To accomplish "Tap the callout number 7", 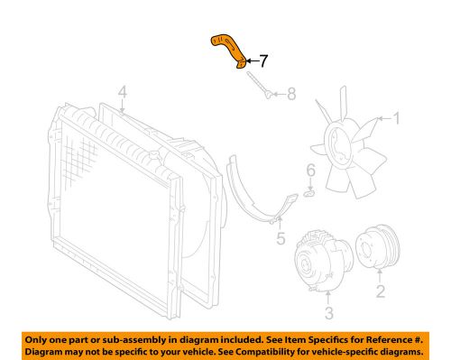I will click(x=263, y=62).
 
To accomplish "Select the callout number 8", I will click(x=290, y=93).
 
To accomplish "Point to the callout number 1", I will click(x=395, y=117).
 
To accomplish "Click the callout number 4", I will click(x=123, y=92).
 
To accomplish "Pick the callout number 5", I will click(x=280, y=238).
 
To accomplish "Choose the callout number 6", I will click(x=309, y=170).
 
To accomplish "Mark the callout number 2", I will click(x=379, y=291).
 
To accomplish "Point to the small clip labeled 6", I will click(x=310, y=190).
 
